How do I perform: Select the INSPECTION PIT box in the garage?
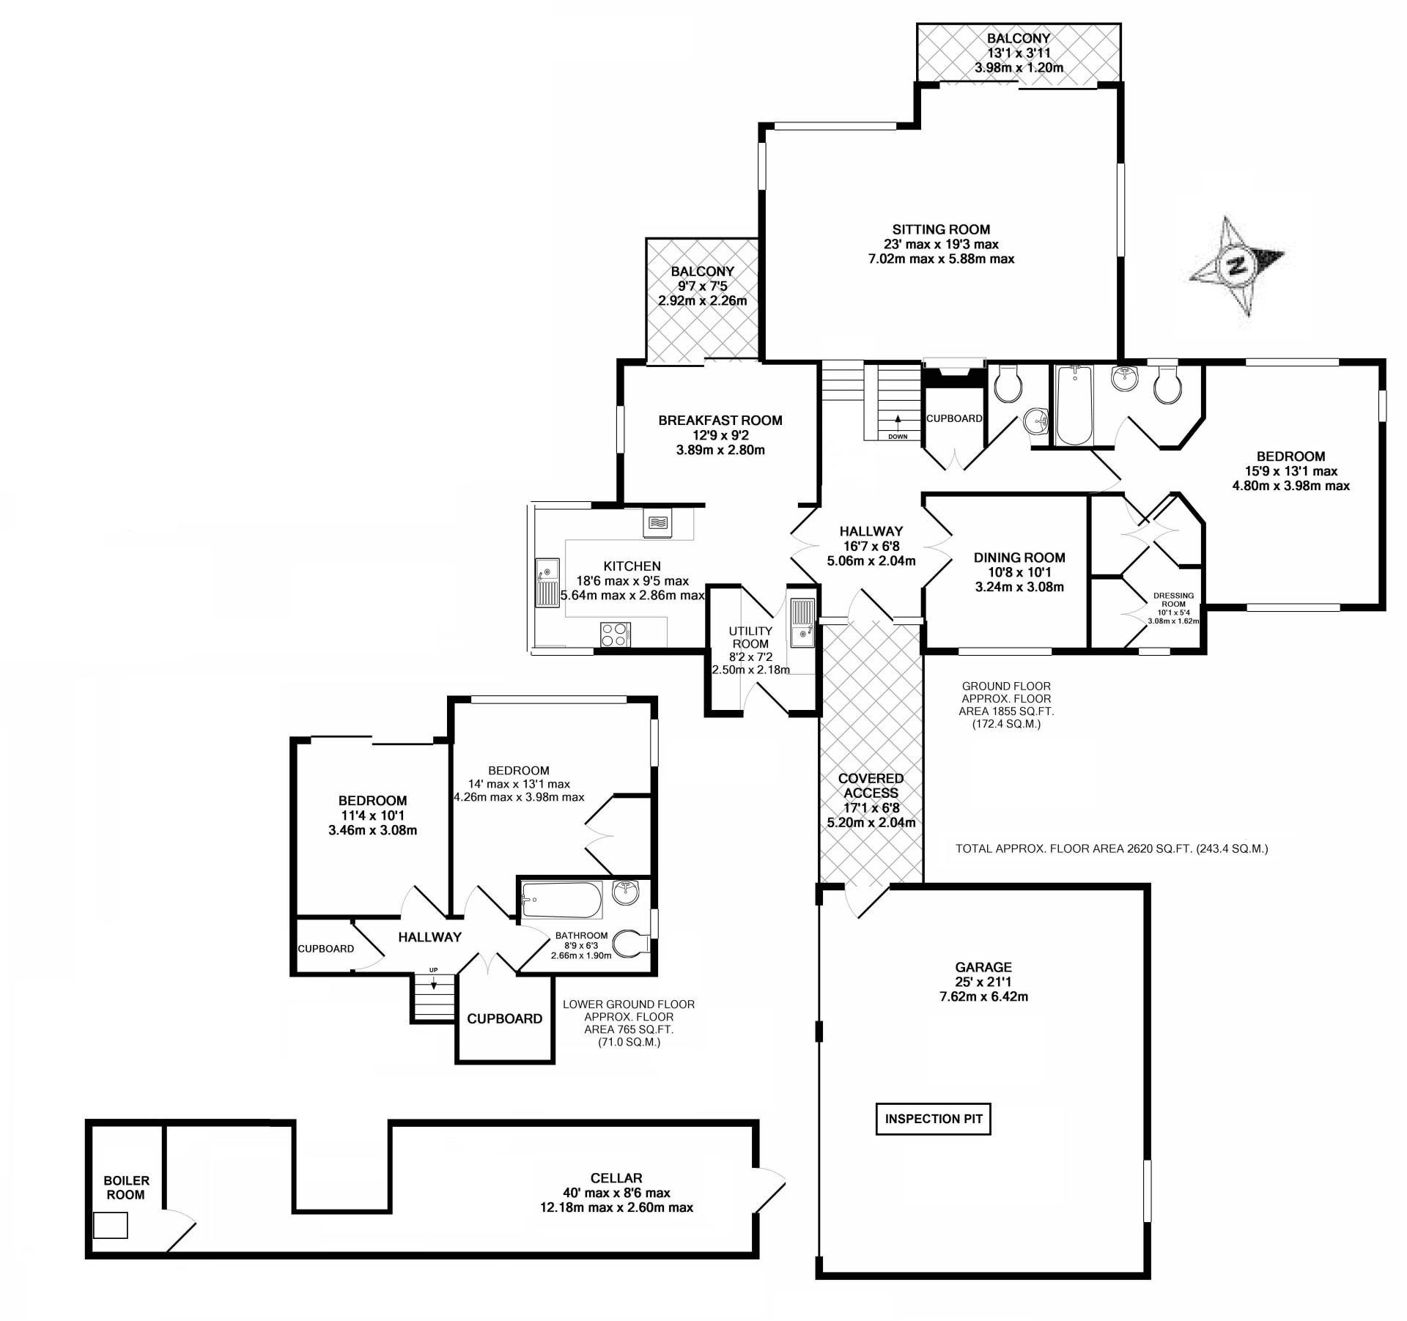click(x=933, y=1119)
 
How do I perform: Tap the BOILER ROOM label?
click(x=126, y=1187)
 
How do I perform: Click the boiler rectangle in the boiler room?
click(x=111, y=1225)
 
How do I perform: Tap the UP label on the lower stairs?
click(x=433, y=970)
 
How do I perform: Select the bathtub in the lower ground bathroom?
click(x=561, y=900)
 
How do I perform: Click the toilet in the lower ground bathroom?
click(x=629, y=944)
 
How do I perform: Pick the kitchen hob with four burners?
click(x=615, y=634)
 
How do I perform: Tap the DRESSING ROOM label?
click(x=1173, y=599)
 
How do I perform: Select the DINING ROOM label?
click(x=1019, y=558)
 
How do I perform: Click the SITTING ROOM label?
click(x=941, y=229)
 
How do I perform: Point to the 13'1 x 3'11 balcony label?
click(x=1018, y=53)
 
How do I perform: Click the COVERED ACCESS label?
click(x=871, y=785)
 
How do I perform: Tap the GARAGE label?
click(x=983, y=967)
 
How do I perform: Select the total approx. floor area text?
click(x=1111, y=848)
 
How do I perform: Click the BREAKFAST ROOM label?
click(x=720, y=421)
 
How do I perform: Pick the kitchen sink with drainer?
click(x=547, y=582)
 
